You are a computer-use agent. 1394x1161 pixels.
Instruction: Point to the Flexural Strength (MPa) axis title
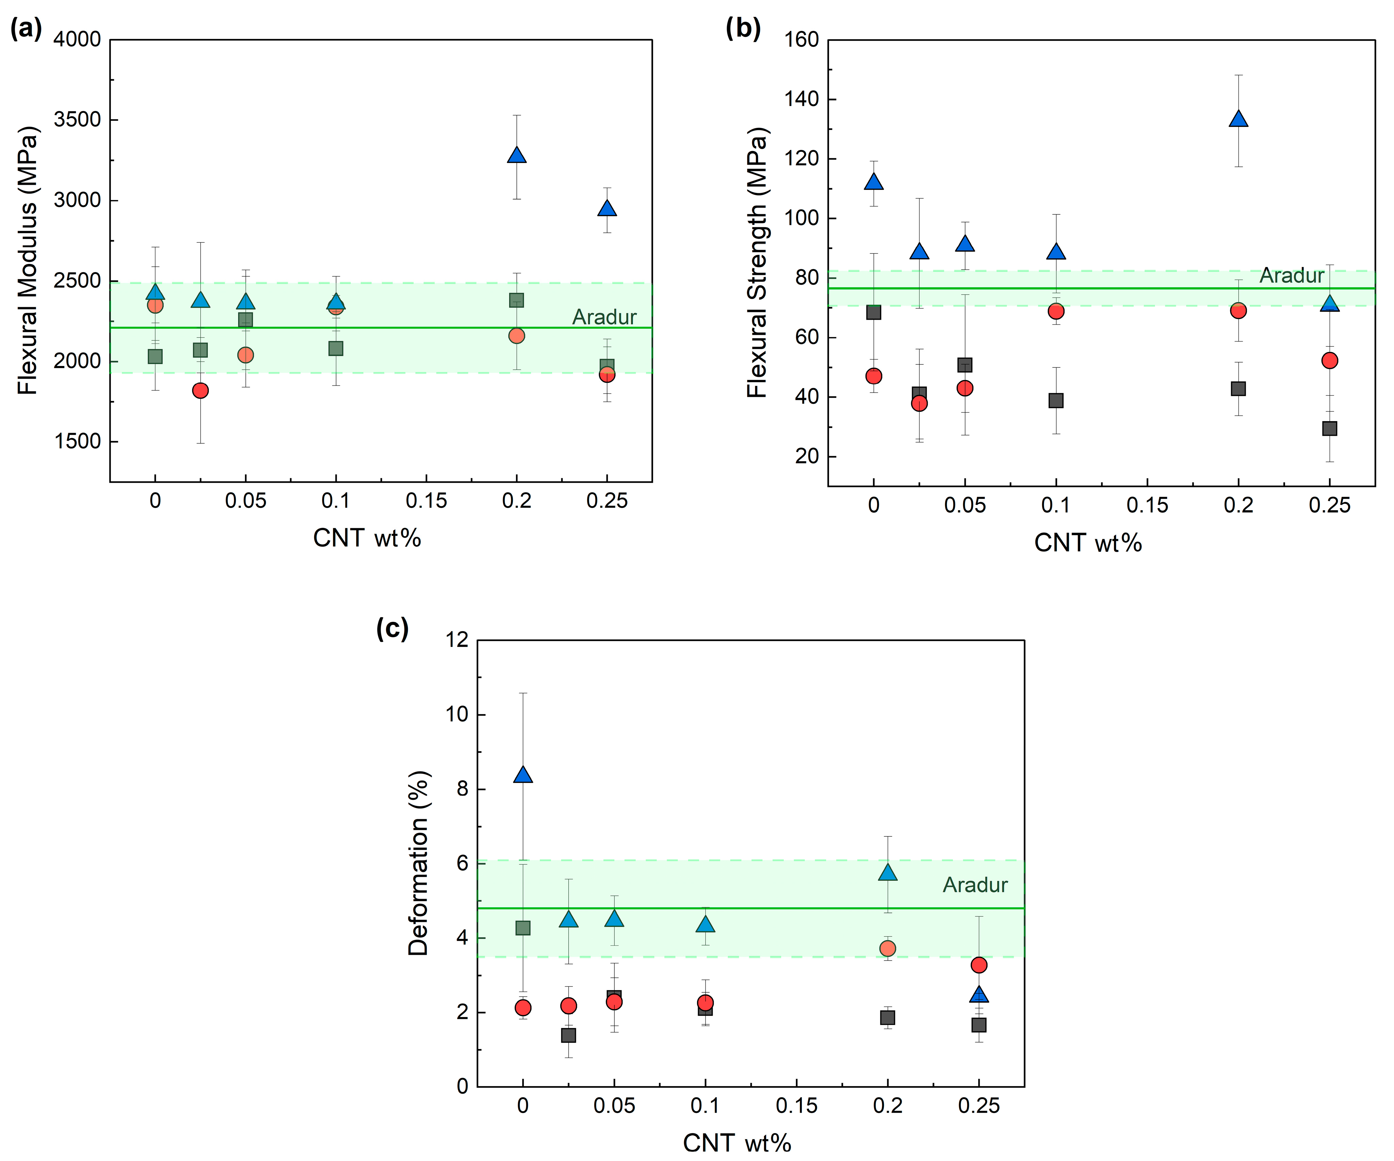point(757,263)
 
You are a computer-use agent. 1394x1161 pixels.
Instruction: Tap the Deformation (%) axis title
point(418,863)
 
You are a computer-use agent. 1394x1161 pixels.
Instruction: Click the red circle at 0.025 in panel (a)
point(200,390)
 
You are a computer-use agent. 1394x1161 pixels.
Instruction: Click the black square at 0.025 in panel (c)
point(568,1035)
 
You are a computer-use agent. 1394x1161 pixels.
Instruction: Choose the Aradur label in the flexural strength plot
point(1291,276)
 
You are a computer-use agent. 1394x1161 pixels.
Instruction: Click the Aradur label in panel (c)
point(975,885)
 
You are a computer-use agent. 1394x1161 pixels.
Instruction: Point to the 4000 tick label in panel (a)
point(77,40)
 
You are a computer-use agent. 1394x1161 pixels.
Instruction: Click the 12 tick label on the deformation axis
point(458,640)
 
